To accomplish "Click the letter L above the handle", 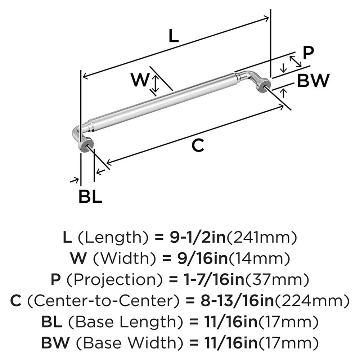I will pyautogui.click(x=174, y=37).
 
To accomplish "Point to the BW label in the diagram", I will pyautogui.click(x=313, y=81).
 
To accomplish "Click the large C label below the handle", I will pyautogui.click(x=198, y=145).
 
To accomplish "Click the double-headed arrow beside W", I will pyautogui.click(x=155, y=83).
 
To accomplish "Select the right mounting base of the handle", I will pyautogui.click(x=263, y=85).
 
